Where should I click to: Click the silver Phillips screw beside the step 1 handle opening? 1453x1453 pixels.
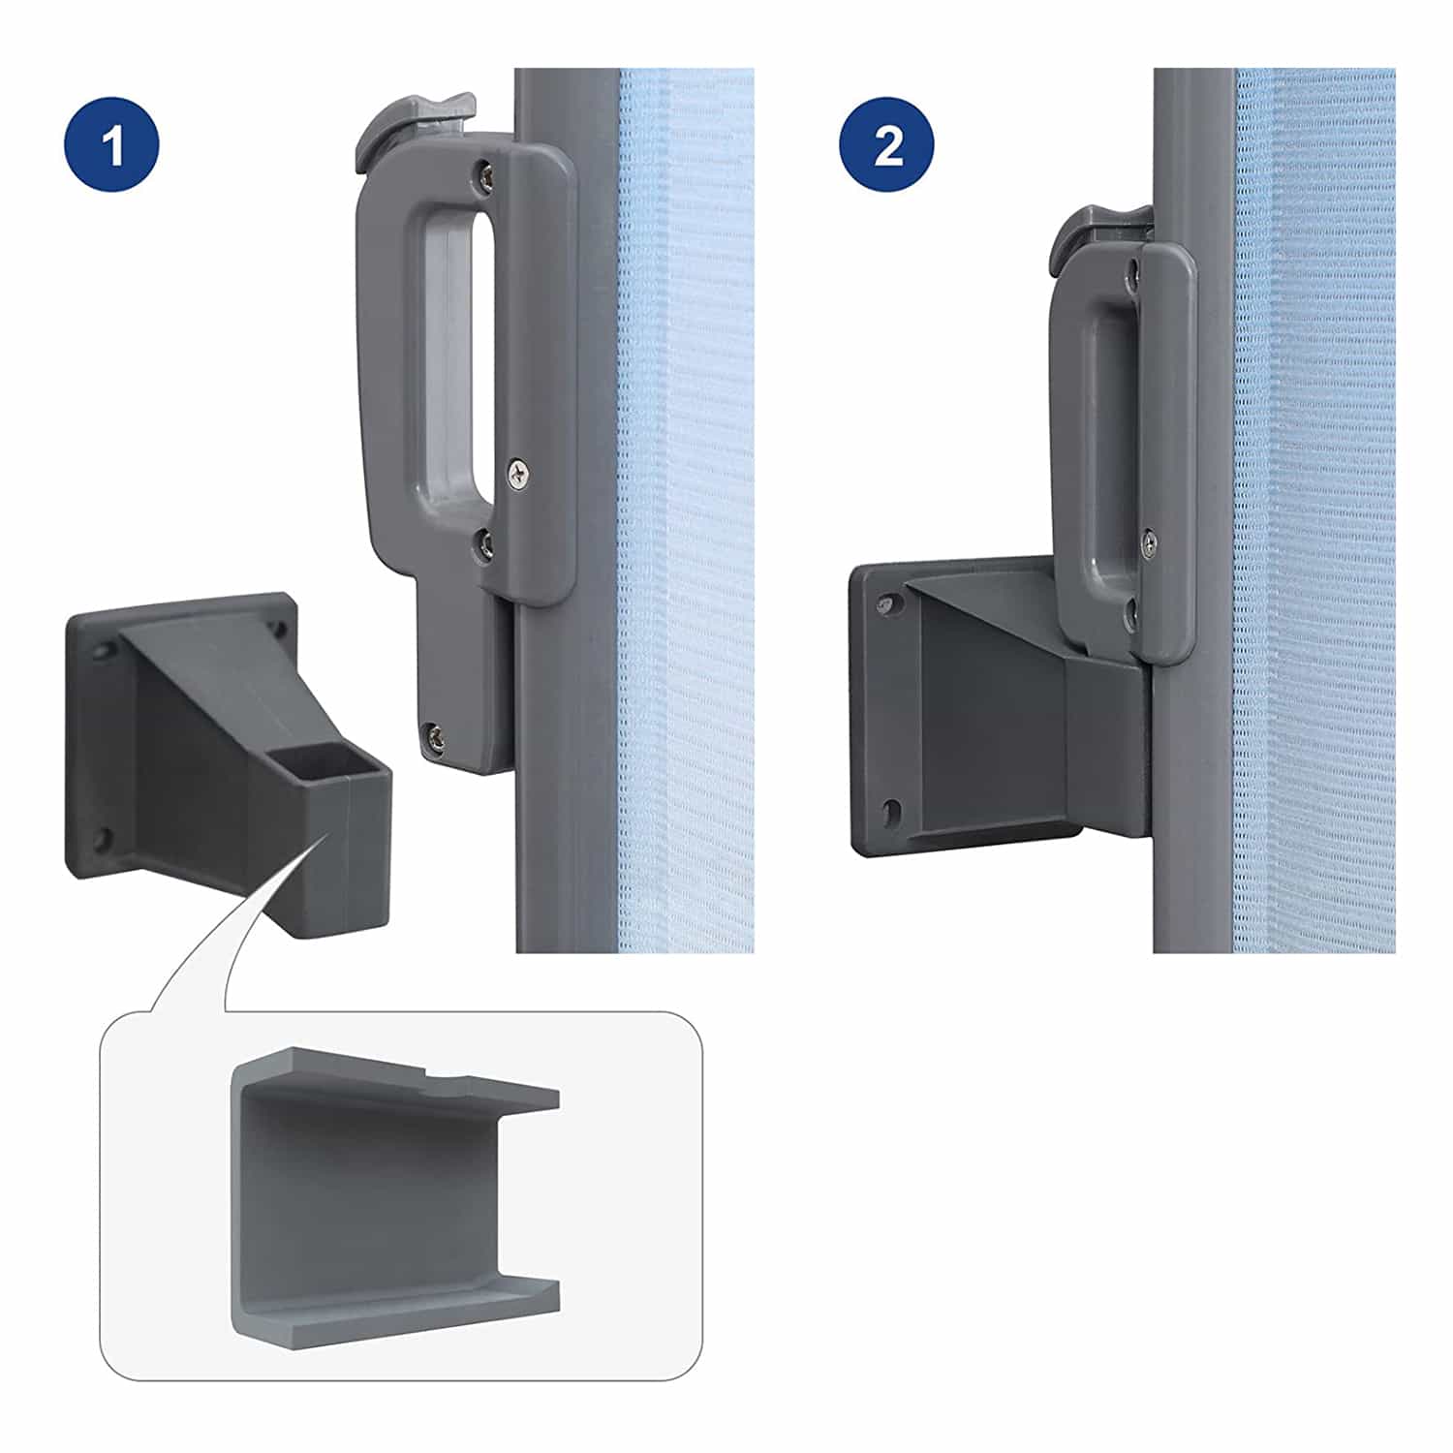coord(520,474)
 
